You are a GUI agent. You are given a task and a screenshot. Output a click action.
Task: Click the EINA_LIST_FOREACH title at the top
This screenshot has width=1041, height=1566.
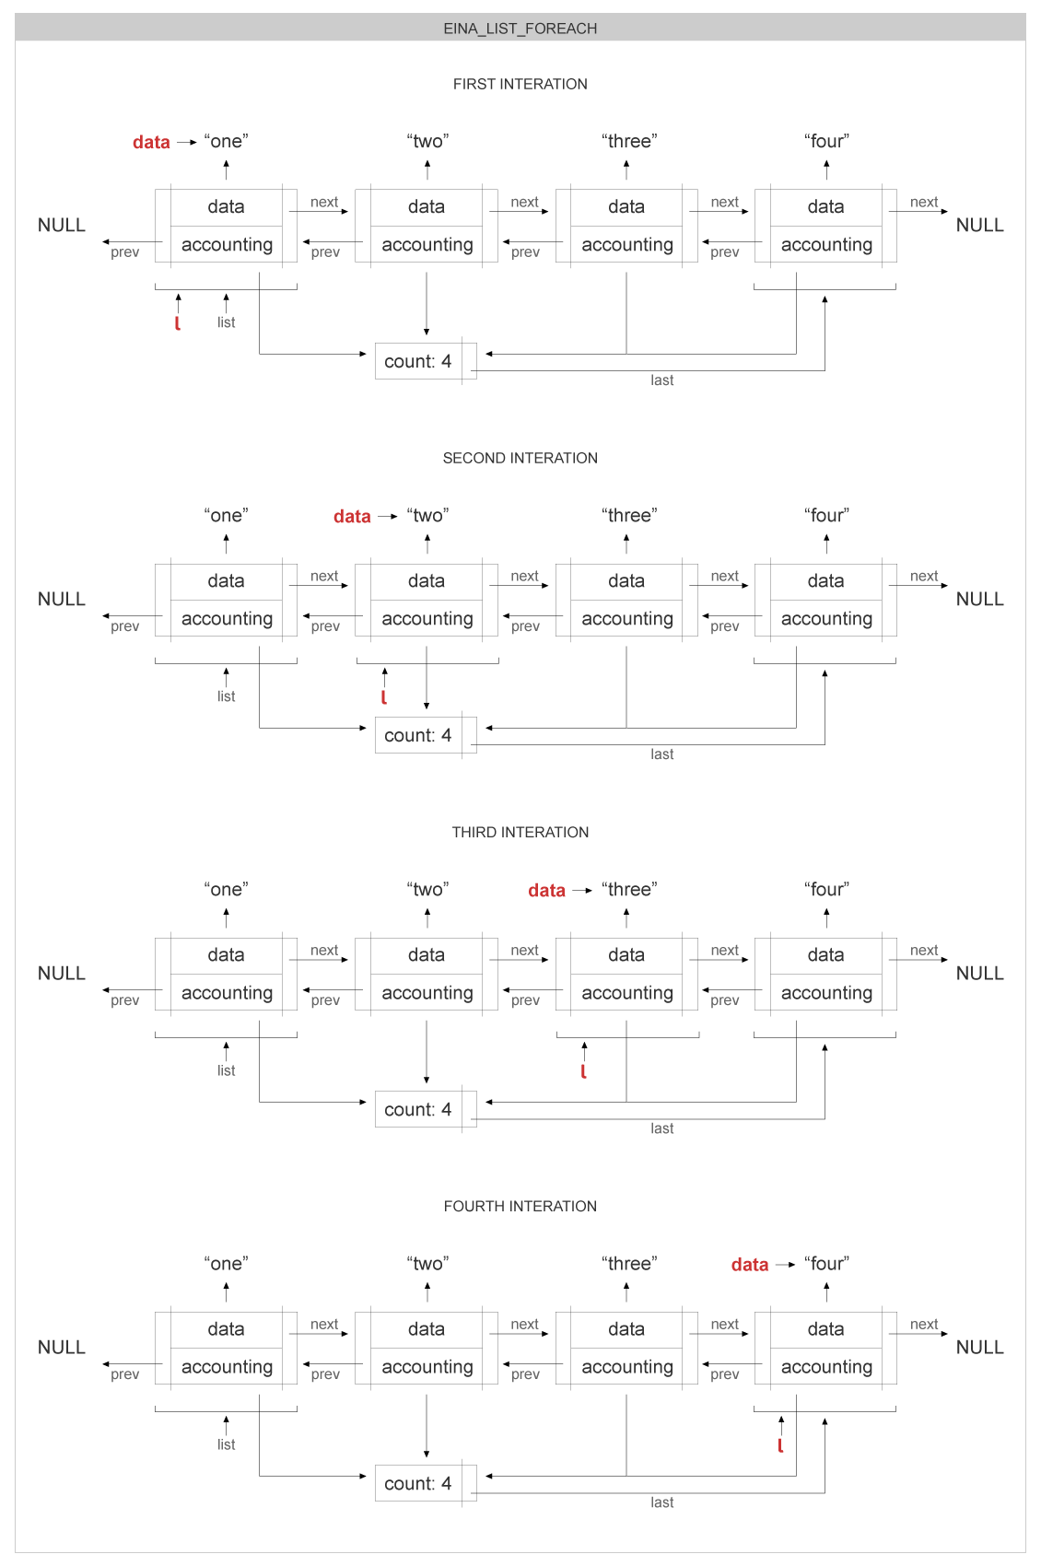point(520,29)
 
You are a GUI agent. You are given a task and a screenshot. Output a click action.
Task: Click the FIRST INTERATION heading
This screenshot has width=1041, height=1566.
point(520,84)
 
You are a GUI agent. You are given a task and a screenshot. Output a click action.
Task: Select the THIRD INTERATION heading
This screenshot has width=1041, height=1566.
point(520,832)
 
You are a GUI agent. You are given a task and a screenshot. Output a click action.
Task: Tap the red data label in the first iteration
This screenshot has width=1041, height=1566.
point(151,142)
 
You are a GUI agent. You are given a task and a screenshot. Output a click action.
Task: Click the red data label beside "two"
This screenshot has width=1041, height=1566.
point(352,517)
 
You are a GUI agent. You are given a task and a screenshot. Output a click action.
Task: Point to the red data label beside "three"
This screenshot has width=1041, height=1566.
point(546,891)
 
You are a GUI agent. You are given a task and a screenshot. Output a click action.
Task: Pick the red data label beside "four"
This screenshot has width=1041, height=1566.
point(750,1265)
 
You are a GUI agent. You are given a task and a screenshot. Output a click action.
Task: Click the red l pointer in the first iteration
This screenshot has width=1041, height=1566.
point(178,322)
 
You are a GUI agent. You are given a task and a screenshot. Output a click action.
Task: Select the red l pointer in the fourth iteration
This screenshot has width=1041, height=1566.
point(780,1444)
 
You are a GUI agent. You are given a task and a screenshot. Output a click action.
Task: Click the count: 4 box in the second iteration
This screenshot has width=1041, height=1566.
point(418,735)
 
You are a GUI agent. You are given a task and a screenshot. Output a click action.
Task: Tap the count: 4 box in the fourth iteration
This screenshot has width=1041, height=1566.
point(418,1483)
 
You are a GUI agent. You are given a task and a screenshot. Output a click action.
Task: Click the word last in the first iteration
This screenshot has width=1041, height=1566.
point(661,380)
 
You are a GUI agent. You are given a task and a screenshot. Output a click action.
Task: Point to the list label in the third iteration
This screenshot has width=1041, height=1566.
point(226,1070)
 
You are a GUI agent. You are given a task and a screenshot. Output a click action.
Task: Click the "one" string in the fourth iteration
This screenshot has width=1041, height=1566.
point(226,1263)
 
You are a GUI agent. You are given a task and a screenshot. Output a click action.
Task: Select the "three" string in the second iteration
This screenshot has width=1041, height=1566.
point(629,515)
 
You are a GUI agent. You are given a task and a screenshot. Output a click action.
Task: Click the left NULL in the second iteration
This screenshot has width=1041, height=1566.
point(62,599)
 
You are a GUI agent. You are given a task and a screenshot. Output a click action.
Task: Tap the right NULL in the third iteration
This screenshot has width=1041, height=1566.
point(979,973)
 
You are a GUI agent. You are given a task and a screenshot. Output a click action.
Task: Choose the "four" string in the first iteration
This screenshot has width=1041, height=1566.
point(826,141)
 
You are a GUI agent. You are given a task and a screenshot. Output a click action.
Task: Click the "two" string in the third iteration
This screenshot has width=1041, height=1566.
point(427,889)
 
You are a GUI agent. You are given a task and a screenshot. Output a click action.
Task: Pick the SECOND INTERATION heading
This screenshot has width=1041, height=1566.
point(520,458)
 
